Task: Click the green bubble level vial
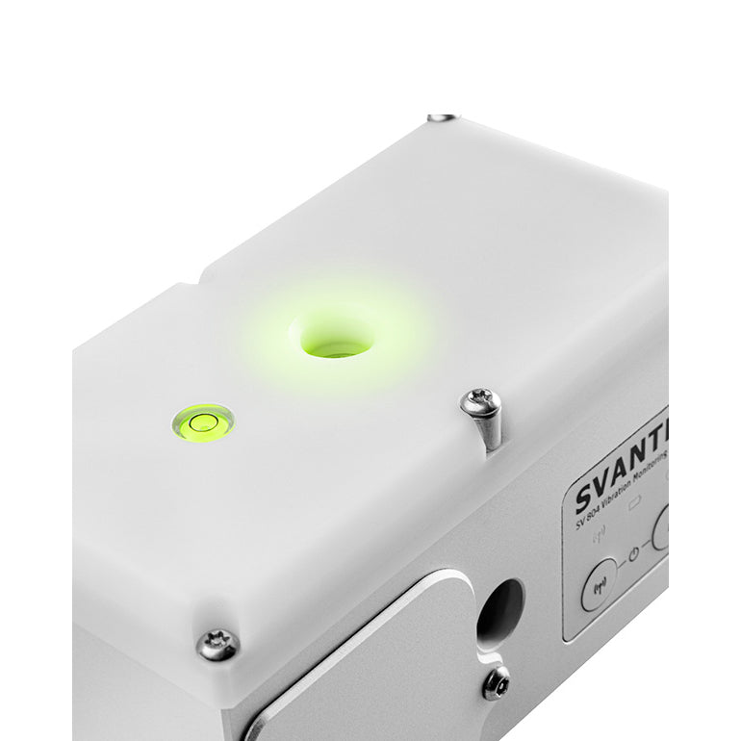(202, 421)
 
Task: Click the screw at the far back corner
(442, 117)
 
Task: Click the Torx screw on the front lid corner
(217, 644)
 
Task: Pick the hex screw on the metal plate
(496, 682)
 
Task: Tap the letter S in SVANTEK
(585, 498)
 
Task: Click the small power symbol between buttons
(633, 554)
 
